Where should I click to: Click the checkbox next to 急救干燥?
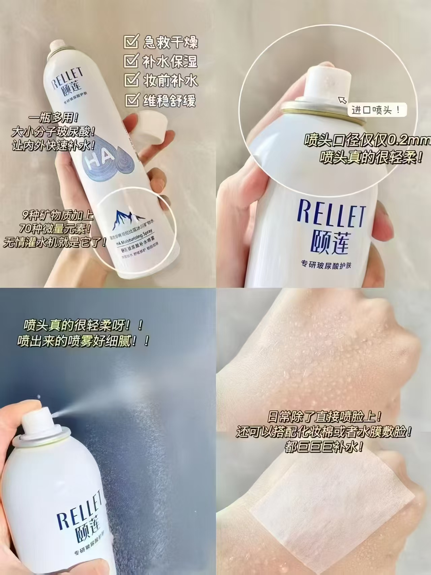(x=131, y=43)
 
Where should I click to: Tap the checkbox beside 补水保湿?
(x=131, y=62)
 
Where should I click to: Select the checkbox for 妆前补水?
(x=131, y=81)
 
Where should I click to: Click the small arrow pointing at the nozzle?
(x=342, y=100)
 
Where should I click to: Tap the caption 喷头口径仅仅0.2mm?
(x=367, y=141)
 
